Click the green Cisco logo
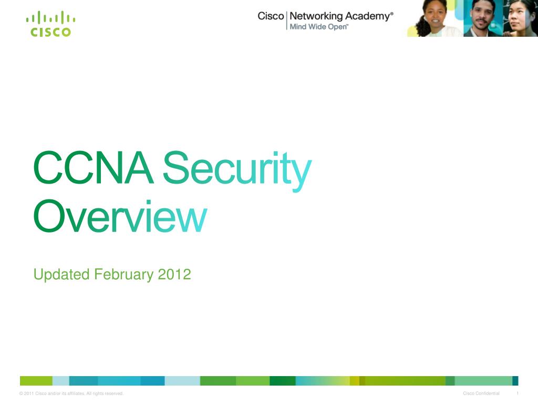[51, 24]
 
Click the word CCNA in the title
[94, 168]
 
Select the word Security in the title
[237, 171]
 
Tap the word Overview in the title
[120, 216]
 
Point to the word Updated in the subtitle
[61, 275]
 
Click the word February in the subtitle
[124, 275]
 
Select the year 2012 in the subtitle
[174, 275]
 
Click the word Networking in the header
[316, 16]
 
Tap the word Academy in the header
[367, 16]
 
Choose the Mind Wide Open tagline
[319, 27]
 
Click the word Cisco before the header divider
[271, 16]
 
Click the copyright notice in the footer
[71, 393]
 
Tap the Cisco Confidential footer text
[481, 393]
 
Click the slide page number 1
[518, 393]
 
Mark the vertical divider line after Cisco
[287, 21]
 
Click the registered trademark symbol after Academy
[392, 14]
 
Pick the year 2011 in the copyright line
[29, 393]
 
